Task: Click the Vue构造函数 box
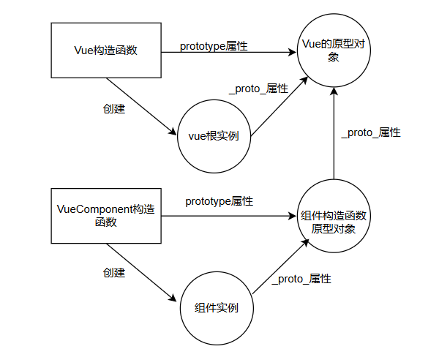click(x=106, y=50)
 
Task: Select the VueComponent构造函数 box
click(x=106, y=216)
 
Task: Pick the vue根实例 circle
click(x=214, y=135)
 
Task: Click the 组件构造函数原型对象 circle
click(x=334, y=217)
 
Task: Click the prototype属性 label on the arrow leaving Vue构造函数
click(x=214, y=45)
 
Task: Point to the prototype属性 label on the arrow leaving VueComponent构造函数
click(x=219, y=200)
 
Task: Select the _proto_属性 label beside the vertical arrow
click(x=372, y=133)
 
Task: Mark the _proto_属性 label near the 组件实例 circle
click(x=301, y=279)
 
